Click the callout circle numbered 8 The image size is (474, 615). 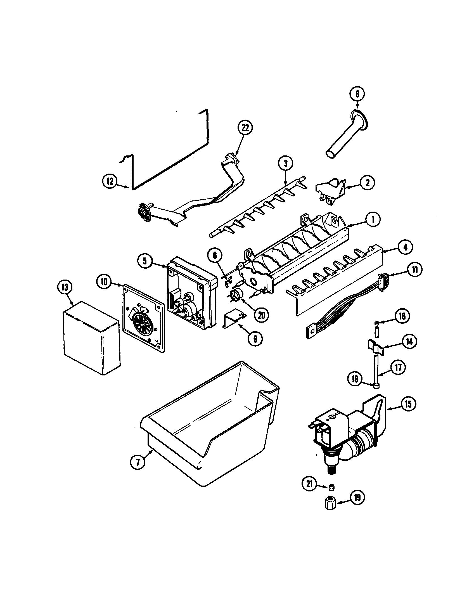[x=357, y=94]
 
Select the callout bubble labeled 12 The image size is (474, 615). [x=110, y=181]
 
